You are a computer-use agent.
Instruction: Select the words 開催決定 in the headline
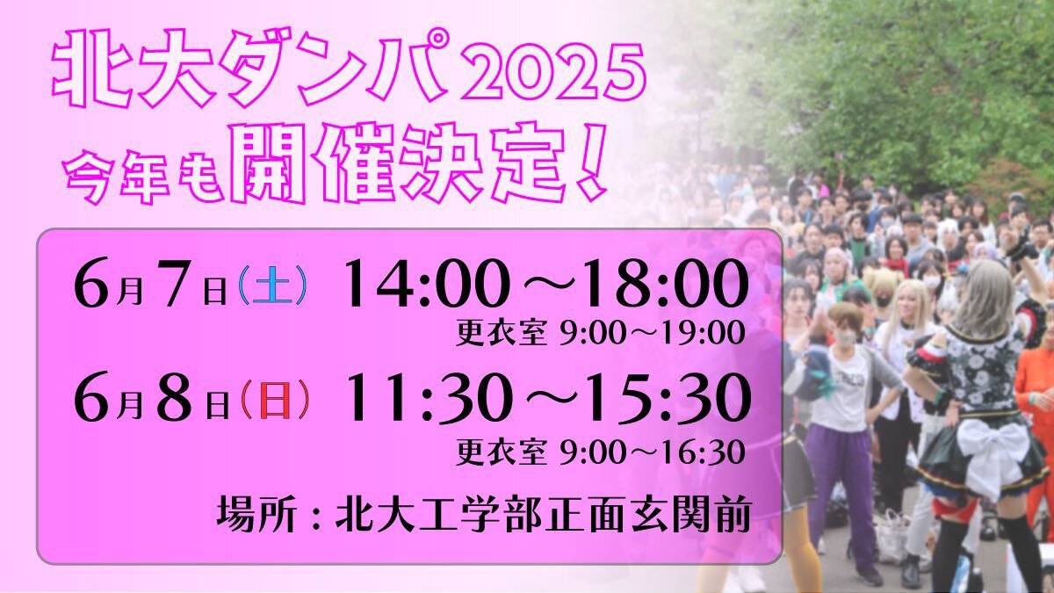pos(399,163)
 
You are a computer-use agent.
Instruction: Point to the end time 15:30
pos(668,398)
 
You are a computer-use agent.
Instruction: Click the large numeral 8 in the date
pos(173,399)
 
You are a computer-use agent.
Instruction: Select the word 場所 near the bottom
pos(256,516)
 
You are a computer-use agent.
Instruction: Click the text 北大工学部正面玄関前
pos(543,516)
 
